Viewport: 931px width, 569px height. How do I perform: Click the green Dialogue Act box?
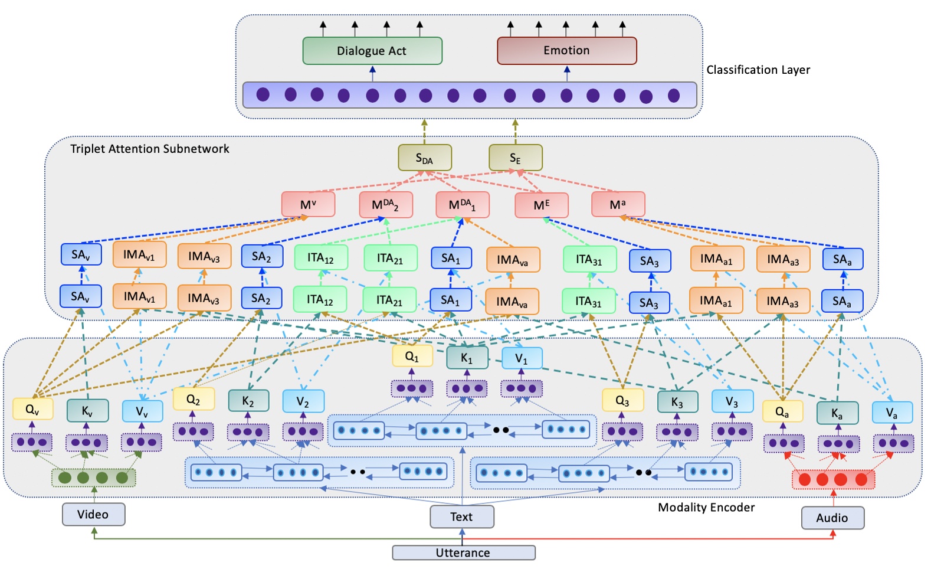click(372, 51)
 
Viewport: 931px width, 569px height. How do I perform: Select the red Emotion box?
click(566, 51)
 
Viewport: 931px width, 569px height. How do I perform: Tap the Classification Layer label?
click(758, 70)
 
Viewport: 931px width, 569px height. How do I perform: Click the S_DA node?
click(424, 158)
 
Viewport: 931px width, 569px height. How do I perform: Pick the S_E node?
click(515, 158)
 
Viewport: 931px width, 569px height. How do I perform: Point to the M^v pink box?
click(308, 205)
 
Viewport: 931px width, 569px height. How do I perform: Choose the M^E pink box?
click(541, 205)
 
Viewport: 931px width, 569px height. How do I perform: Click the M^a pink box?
click(618, 205)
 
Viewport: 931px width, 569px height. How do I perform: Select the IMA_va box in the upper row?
click(512, 260)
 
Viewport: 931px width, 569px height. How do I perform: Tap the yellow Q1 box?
click(412, 357)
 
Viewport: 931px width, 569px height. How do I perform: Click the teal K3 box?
click(677, 402)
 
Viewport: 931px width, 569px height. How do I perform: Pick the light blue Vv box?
click(142, 411)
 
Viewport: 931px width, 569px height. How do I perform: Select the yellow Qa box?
click(782, 412)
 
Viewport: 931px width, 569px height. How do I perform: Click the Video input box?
click(93, 514)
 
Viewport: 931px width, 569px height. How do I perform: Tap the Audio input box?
click(832, 518)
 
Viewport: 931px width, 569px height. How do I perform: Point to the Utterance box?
click(463, 553)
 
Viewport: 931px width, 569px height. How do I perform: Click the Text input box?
click(461, 516)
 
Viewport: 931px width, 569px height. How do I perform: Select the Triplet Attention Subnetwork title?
click(150, 149)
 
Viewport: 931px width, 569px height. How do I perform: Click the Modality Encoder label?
click(706, 508)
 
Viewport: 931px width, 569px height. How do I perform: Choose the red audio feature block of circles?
click(832, 479)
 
